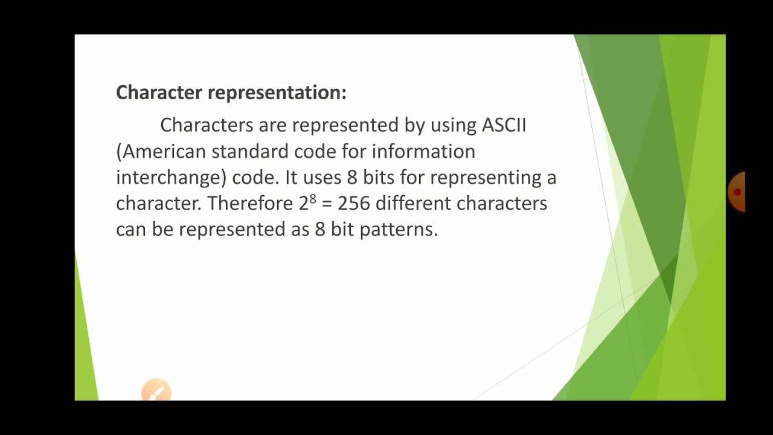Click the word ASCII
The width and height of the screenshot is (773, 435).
click(x=504, y=125)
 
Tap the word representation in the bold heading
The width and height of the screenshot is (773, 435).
click(x=277, y=92)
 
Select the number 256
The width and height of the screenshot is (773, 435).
click(x=353, y=204)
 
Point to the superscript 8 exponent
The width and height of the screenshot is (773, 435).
click(x=313, y=198)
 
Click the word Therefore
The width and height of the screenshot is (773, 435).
click(x=250, y=204)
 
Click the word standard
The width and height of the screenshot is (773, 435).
click(x=250, y=151)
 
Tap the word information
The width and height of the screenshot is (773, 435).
click(x=423, y=151)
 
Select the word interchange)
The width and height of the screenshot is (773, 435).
click(x=171, y=178)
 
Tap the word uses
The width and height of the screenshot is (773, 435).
click(x=322, y=178)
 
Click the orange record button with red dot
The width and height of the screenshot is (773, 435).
click(x=737, y=192)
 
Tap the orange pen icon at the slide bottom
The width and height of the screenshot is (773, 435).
click(x=156, y=392)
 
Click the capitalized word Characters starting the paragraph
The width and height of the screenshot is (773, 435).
click(x=207, y=125)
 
